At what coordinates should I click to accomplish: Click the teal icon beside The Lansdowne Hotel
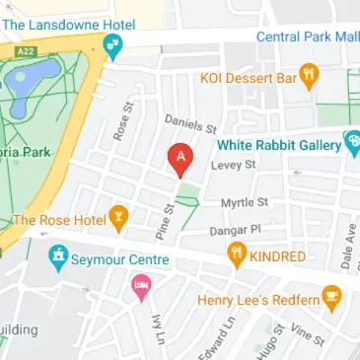point(112,43)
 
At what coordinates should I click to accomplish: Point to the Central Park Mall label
point(307,37)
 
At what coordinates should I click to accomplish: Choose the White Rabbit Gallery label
point(277,142)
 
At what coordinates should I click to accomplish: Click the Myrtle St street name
point(245,202)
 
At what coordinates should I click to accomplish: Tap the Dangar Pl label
point(233,230)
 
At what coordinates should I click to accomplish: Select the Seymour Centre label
point(120,260)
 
